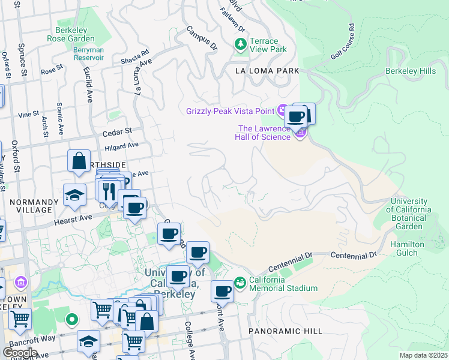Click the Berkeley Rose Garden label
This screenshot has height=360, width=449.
[71, 34]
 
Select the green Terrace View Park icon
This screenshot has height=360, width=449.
[241, 44]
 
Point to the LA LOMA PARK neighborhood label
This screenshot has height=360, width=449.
[267, 71]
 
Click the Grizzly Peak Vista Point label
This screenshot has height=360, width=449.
[230, 110]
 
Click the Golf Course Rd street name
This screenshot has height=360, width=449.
[343, 42]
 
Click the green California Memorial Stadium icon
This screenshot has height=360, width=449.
[240, 282]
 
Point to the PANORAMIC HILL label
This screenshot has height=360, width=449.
[285, 331]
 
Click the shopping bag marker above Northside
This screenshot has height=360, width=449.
[79, 161]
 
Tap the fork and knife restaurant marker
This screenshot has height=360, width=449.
[109, 191]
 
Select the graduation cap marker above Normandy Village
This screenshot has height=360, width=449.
[74, 194]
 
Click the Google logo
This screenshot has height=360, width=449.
[20, 353]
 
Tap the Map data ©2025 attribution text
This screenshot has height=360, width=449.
[423, 355]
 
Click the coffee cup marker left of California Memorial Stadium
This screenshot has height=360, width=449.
[222, 292]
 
